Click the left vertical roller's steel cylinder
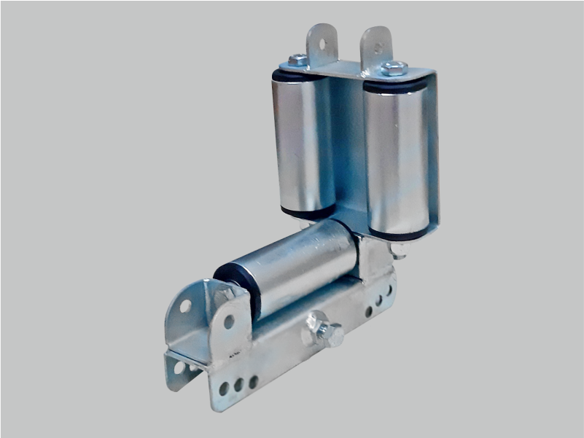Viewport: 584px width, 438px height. [x=303, y=142]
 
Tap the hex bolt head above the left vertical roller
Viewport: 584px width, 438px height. [x=297, y=60]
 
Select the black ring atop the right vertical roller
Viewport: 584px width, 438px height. [x=394, y=86]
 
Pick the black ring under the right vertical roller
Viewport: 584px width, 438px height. [x=398, y=235]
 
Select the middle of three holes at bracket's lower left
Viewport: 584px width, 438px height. [x=238, y=384]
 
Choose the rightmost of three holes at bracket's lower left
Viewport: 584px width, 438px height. [x=252, y=380]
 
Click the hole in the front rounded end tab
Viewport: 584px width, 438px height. [x=229, y=321]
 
